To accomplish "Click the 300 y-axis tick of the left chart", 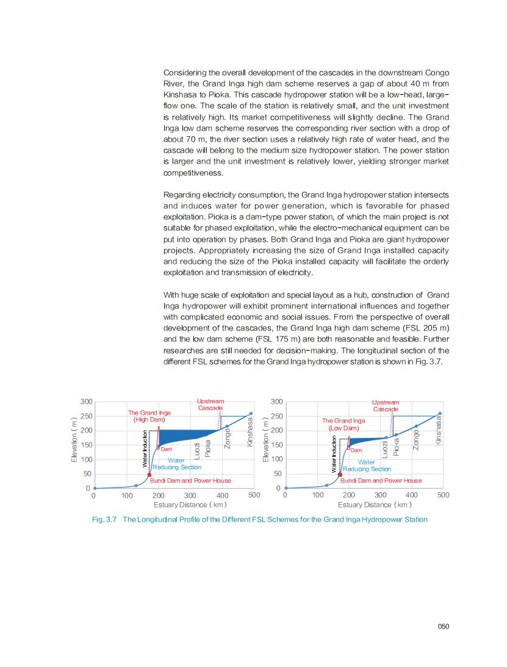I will click(86, 402).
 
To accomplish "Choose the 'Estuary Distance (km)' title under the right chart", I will click(375, 505).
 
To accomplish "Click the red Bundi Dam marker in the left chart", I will click(149, 475).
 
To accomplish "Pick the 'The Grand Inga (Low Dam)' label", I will click(343, 425).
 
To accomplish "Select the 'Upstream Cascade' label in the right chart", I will click(386, 406).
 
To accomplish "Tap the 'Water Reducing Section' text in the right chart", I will click(367, 465).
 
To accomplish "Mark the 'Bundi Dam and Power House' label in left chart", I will click(190, 481).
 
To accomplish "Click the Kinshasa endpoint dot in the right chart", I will click(439, 414).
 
